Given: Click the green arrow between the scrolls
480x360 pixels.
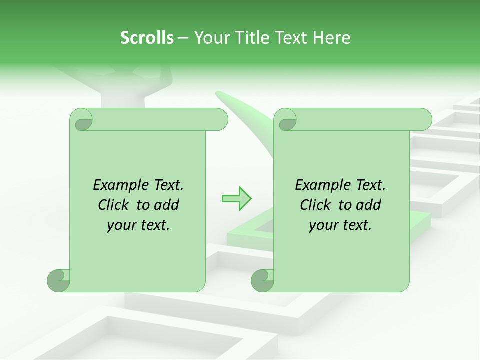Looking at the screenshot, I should (236, 199).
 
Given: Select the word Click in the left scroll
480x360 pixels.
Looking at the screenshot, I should (114, 205).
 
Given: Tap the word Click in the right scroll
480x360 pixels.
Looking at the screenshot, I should (316, 205).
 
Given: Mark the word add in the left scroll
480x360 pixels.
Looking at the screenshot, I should (167, 205).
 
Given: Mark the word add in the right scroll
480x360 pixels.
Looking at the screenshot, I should (369, 205).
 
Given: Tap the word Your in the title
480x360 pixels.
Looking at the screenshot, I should (209, 37).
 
